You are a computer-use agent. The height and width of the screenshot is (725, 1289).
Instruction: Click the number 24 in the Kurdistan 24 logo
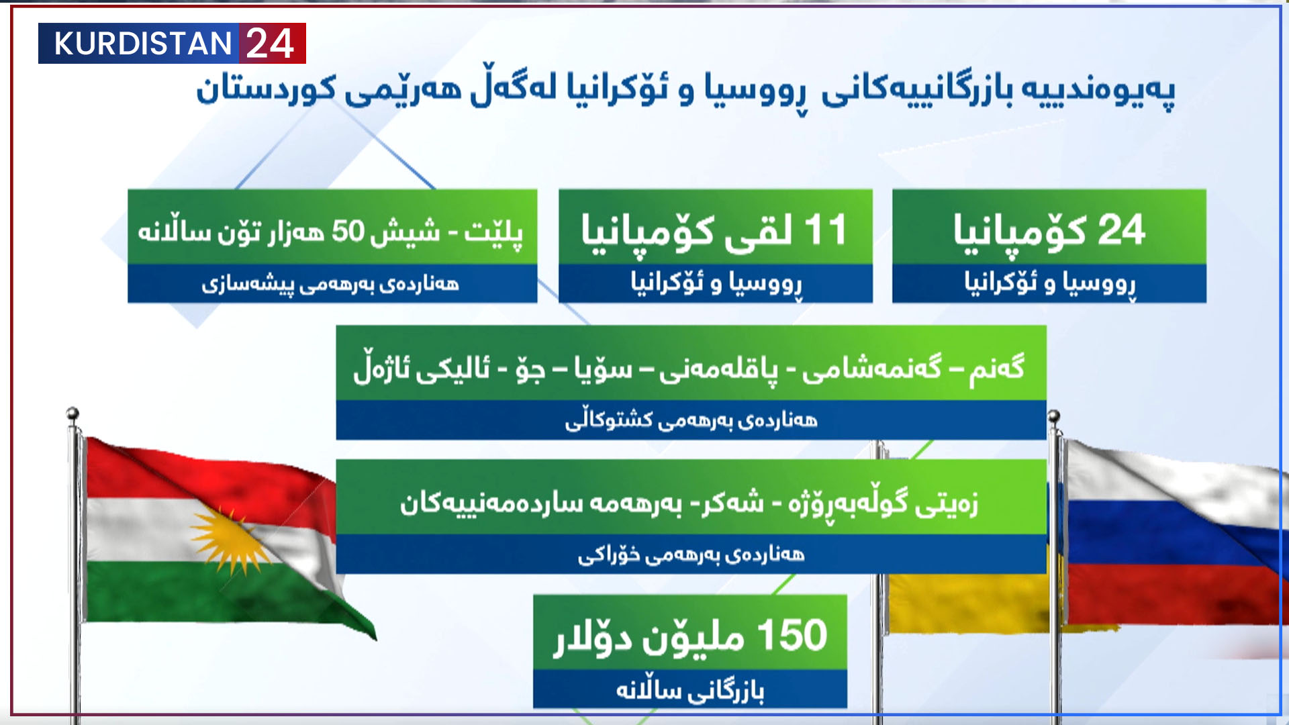(270, 44)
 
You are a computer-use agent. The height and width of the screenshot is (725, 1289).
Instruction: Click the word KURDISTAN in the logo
(142, 44)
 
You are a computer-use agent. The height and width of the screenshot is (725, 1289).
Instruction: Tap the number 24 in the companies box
(1120, 230)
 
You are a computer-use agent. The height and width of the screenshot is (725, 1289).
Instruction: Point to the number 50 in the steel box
(348, 230)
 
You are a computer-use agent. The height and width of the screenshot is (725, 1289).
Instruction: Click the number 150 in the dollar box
(792, 635)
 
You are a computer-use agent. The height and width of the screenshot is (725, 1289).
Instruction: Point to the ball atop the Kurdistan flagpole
(73, 413)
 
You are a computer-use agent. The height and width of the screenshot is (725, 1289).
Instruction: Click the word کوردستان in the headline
(266, 89)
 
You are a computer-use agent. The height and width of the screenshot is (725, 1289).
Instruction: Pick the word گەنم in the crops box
(996, 368)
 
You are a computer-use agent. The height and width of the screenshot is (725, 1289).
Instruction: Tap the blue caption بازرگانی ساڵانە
(690, 690)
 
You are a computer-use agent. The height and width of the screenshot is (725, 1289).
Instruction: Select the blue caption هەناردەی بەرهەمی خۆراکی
(691, 554)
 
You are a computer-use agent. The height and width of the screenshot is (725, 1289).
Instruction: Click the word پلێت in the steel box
(493, 232)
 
